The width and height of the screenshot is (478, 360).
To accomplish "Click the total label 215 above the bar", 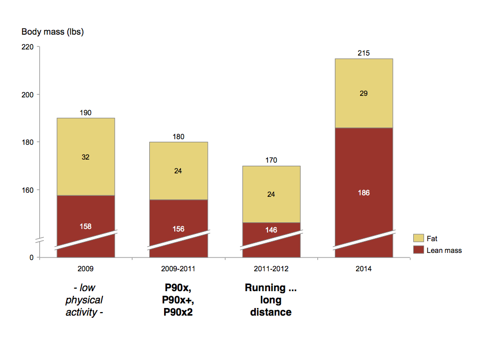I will [364, 53].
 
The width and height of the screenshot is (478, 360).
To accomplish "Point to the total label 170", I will [271, 160].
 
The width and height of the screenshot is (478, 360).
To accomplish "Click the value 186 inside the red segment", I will [364, 193].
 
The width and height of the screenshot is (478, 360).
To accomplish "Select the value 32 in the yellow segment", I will [86, 157].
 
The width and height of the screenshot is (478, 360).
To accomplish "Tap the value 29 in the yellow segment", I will [364, 93].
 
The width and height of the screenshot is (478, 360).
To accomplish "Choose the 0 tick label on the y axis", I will [31, 258].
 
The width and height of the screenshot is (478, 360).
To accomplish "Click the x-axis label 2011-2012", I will [271, 268].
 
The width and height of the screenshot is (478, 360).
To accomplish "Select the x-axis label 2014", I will [364, 268].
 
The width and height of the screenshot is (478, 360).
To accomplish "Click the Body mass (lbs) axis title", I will [52, 32].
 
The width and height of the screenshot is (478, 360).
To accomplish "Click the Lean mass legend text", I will [444, 250].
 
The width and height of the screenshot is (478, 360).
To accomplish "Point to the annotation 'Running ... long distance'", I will [271, 300].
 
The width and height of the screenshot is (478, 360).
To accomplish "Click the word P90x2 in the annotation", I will [178, 312].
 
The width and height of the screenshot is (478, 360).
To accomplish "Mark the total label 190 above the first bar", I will [86, 113].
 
